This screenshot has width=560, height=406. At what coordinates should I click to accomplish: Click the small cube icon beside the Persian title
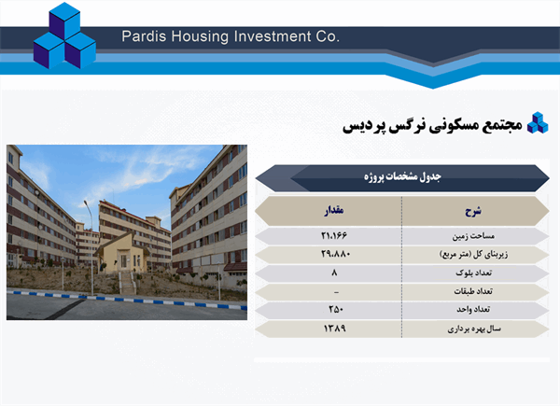(x=537, y=123)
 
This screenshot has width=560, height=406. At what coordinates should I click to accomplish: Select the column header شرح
(x=475, y=211)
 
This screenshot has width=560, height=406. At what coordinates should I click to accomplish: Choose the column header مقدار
(x=334, y=211)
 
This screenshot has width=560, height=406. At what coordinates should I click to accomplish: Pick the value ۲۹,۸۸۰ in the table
(x=333, y=254)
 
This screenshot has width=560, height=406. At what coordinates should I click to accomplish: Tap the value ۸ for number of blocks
(x=334, y=273)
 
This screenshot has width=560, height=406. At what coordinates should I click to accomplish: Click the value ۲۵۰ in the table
(x=334, y=310)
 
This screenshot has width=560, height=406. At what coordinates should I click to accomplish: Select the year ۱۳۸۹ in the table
(x=334, y=329)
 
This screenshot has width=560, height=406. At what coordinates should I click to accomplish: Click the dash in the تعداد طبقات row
(x=334, y=291)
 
